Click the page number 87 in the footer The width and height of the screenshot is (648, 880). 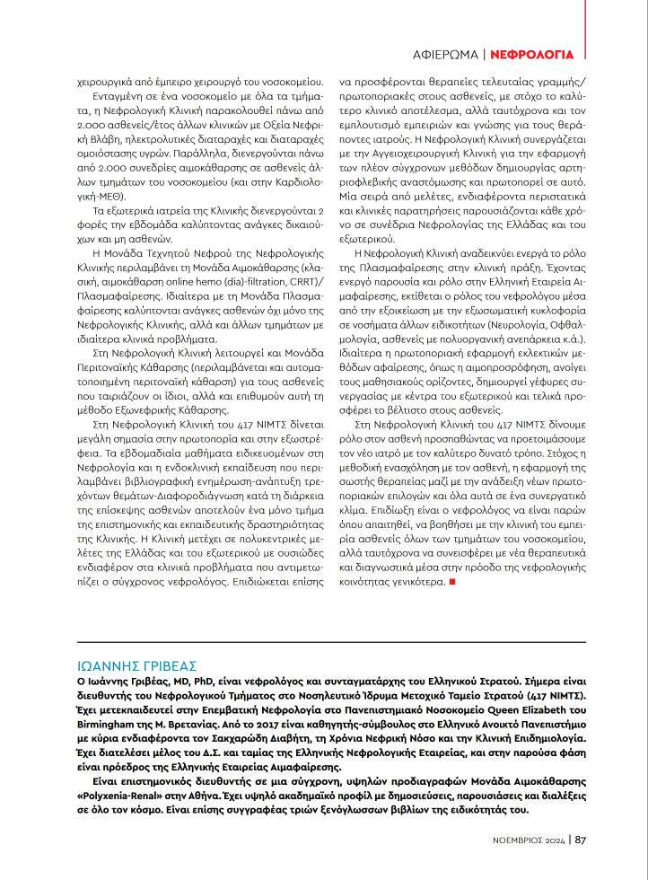pos(581,840)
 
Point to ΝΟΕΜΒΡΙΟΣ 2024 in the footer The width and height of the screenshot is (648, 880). pos(529,840)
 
